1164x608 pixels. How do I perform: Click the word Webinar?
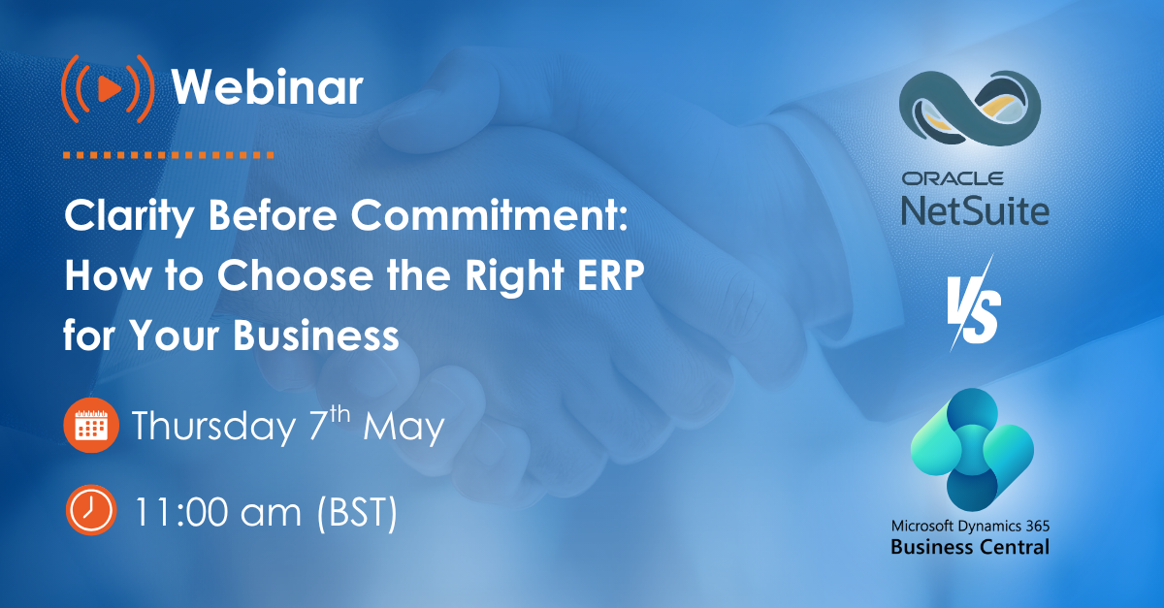267,88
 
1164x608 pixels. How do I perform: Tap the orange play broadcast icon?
107,88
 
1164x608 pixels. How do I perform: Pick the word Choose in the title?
295,276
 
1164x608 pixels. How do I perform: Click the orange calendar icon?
90,427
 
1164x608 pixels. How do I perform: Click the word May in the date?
404,427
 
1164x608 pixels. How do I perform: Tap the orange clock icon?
90,511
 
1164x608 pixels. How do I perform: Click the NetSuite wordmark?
974,208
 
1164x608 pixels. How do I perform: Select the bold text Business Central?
970,548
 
